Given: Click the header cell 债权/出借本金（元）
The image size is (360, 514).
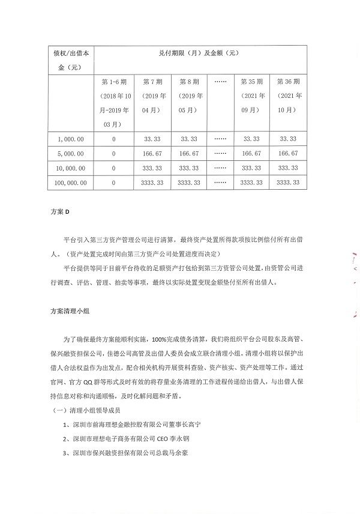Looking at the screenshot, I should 71,59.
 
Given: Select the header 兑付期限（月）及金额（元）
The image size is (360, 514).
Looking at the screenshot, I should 199,53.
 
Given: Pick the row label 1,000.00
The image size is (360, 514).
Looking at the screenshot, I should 71,139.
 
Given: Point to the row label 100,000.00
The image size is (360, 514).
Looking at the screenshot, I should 71,183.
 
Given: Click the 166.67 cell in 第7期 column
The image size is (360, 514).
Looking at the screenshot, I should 151,154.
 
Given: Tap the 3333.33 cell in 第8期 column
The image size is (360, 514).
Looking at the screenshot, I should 188,183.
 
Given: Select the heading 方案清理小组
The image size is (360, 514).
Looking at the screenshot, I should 69,312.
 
